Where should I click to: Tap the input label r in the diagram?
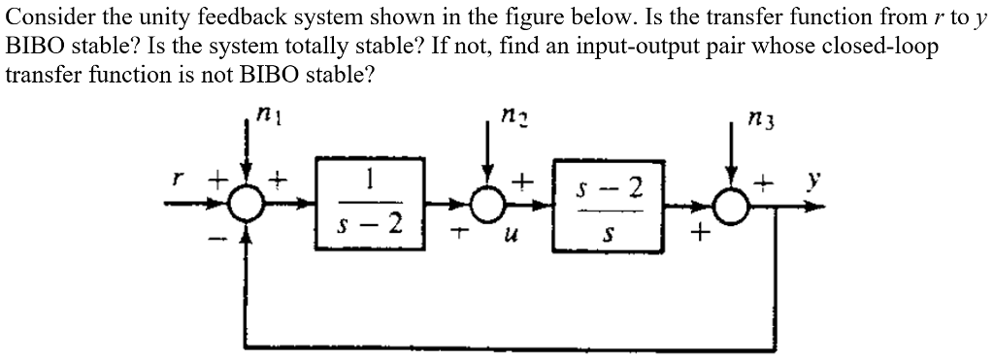[176, 180]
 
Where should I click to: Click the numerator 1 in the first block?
[371, 180]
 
